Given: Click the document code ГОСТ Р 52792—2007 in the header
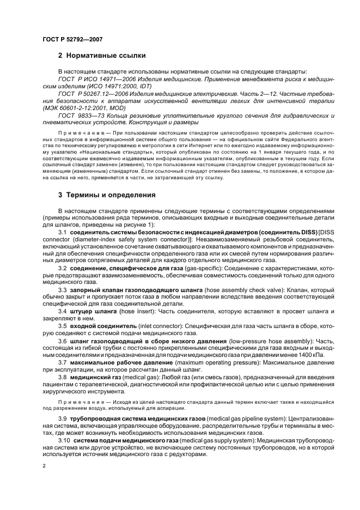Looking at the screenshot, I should pyautogui.click(x=73, y=39).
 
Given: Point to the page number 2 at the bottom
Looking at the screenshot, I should pyautogui.click(x=44, y=466).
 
